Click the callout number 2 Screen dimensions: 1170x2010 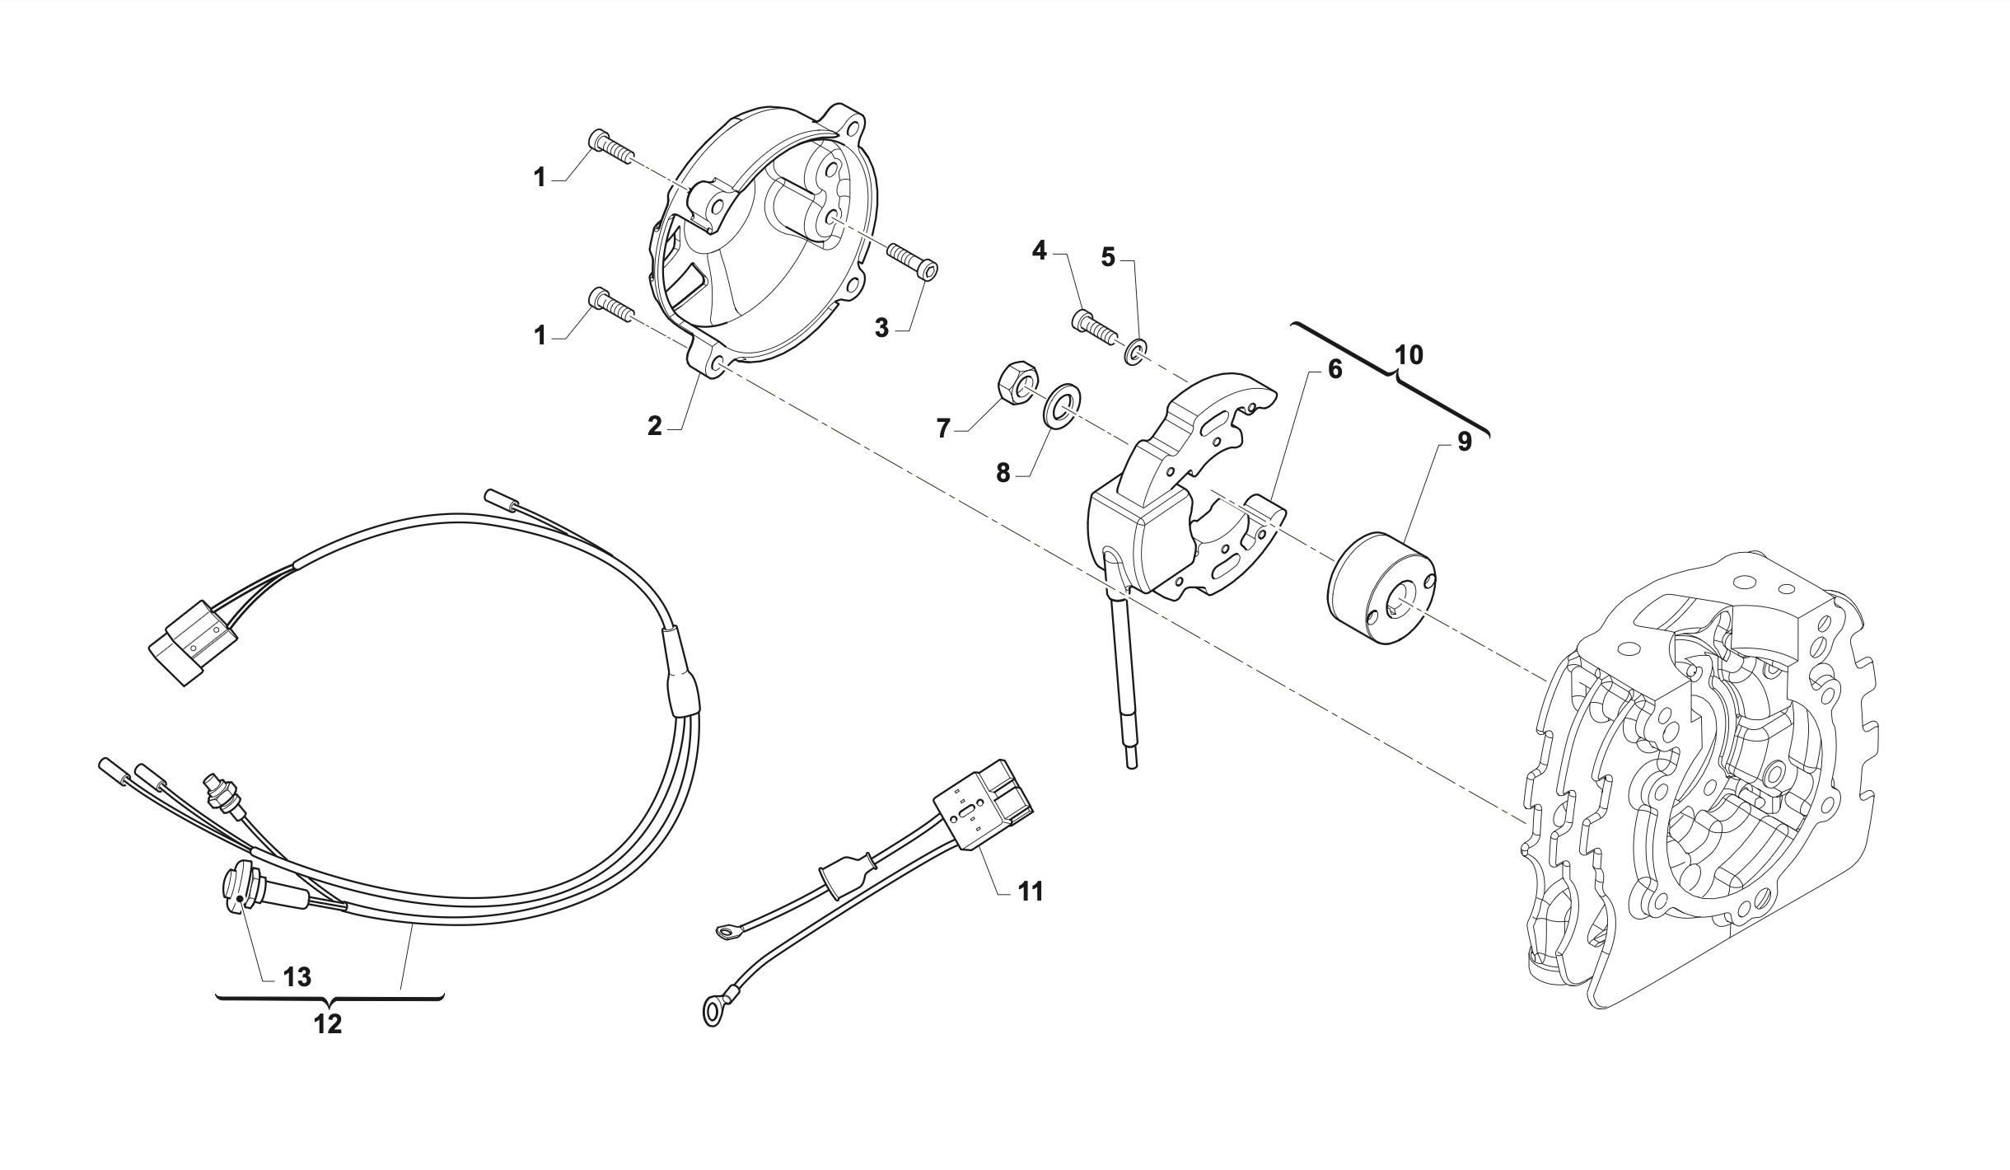click(x=654, y=426)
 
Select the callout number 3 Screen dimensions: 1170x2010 click(x=881, y=328)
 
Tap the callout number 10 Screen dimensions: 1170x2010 click(x=1409, y=355)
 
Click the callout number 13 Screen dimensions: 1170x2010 click(x=297, y=977)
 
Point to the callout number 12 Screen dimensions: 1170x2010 click(x=327, y=1024)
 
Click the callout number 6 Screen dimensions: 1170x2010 click(x=1335, y=369)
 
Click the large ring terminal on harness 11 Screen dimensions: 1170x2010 click(x=711, y=1011)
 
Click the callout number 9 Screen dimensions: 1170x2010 click(x=1464, y=442)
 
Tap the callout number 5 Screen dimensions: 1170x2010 click(x=1108, y=257)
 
